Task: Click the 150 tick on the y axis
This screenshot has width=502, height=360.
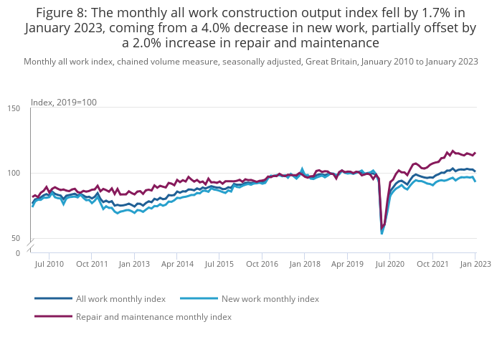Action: [14, 108]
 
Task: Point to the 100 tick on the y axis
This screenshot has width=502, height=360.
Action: [14, 174]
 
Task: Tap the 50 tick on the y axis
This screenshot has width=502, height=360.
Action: [16, 238]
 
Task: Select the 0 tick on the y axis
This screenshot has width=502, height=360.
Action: [17, 253]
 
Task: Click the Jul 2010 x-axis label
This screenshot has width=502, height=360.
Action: [49, 264]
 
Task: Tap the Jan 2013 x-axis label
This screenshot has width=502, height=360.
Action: [134, 264]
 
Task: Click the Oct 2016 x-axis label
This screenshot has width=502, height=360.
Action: [262, 264]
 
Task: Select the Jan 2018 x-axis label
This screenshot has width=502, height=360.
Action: [304, 264]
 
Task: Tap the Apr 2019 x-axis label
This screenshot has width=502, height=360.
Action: [346, 264]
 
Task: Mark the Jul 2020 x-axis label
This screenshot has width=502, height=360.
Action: [389, 264]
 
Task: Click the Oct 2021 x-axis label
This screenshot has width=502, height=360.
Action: [432, 264]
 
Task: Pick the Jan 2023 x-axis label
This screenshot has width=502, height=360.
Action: [475, 264]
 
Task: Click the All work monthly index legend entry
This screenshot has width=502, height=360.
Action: [120, 298]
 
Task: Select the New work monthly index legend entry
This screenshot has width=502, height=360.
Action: [270, 298]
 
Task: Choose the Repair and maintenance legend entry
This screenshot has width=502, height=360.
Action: [153, 316]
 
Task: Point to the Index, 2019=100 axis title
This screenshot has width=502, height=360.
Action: [64, 103]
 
